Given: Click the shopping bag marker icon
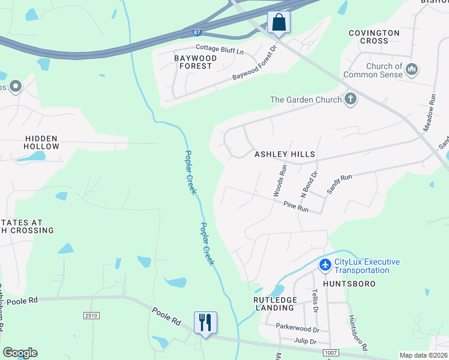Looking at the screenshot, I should click(x=279, y=22).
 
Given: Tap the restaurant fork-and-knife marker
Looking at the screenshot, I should click(x=205, y=322).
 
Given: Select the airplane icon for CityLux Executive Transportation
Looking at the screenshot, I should click(x=325, y=265).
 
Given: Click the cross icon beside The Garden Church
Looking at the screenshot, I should click(x=350, y=100).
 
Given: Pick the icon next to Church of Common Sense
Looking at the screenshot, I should click(x=412, y=70).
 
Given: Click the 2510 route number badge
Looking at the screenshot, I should click(x=91, y=316).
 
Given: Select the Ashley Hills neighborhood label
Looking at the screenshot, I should click(x=285, y=154).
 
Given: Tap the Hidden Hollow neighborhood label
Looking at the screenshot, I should click(x=42, y=142).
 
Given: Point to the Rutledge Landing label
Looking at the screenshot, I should click(x=274, y=304).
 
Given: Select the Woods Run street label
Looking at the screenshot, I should click(x=280, y=180).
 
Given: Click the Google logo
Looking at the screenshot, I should click(x=20, y=353).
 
